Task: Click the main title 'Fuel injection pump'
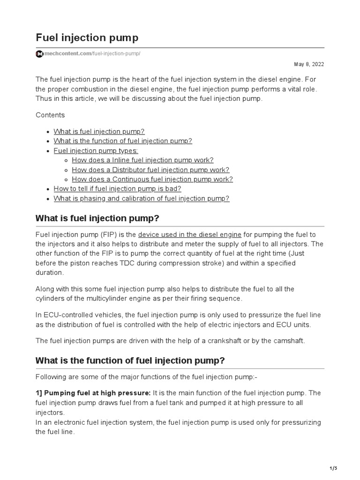click(87, 37)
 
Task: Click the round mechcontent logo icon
click(39, 54)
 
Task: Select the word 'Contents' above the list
click(50, 115)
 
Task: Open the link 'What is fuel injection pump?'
click(96, 131)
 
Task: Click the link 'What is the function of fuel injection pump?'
click(123, 141)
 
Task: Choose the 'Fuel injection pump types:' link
click(96, 150)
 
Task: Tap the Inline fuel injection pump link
click(142, 160)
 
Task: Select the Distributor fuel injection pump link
click(150, 170)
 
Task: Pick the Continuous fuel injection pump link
click(152, 179)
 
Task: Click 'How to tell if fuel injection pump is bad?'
click(117, 188)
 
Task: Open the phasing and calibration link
click(141, 198)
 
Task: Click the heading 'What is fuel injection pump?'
click(97, 218)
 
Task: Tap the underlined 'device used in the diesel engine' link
click(190, 234)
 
